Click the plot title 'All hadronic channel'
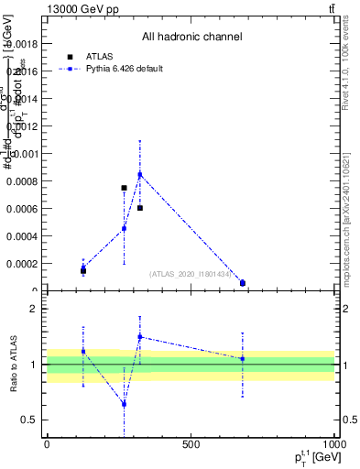191,38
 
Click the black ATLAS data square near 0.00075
124,188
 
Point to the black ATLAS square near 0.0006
140,208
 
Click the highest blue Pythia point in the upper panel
140,174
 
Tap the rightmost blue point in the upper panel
243,283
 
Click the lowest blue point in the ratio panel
124,403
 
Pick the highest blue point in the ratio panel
140,336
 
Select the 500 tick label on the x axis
191,444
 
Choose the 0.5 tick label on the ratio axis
29,420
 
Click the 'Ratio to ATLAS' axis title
11,365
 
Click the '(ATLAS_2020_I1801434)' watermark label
191,274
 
